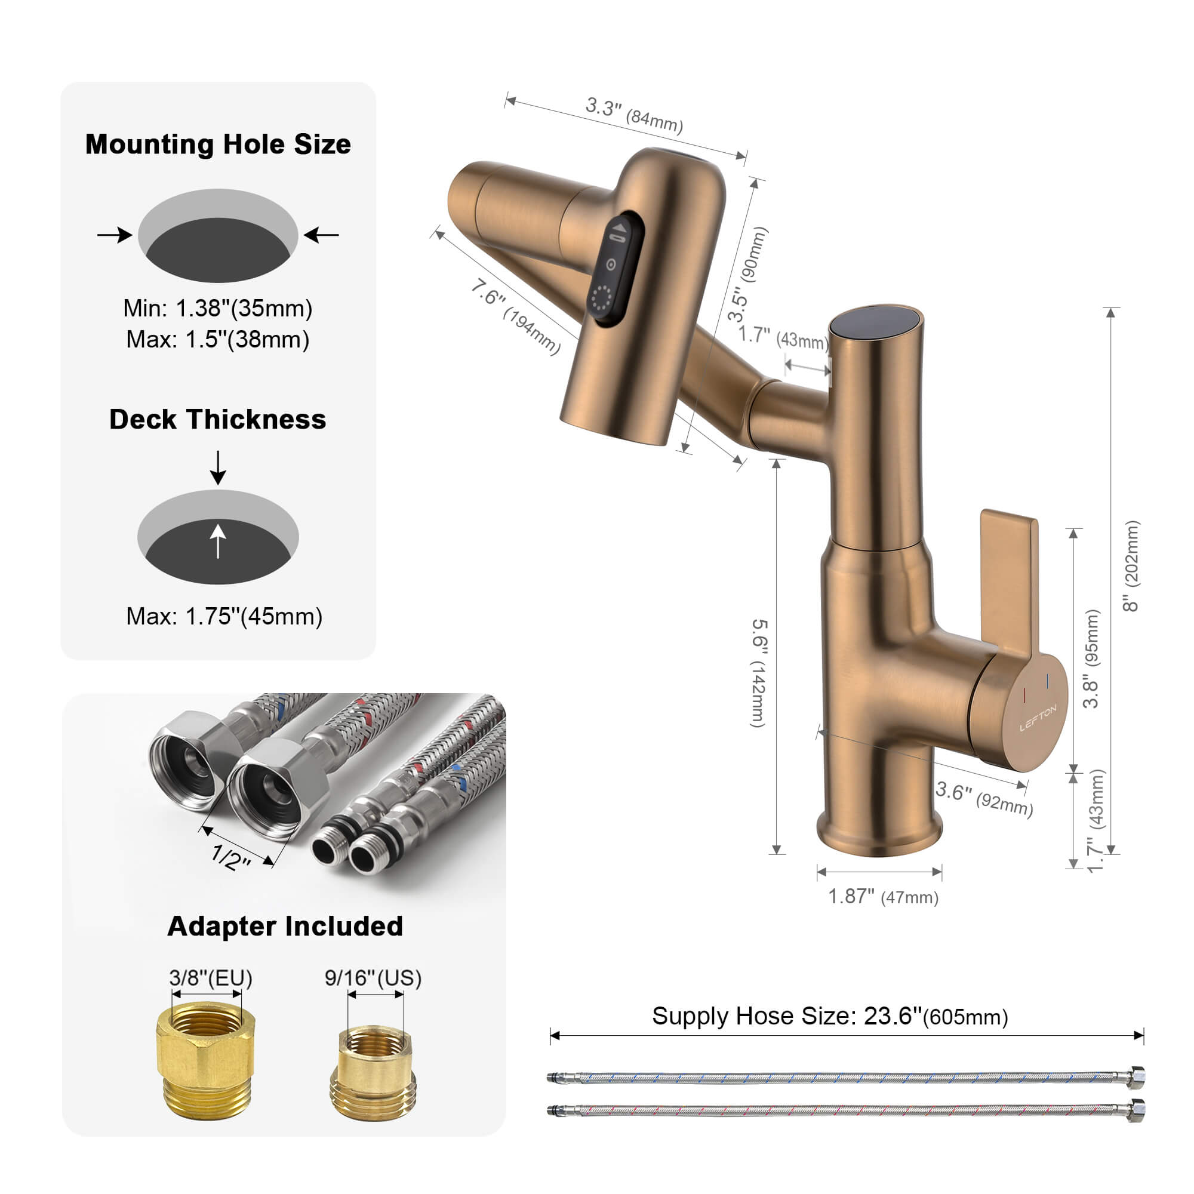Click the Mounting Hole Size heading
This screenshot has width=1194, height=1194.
(x=217, y=144)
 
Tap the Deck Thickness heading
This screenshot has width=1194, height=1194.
(x=217, y=420)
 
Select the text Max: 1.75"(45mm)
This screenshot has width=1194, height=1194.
(x=224, y=616)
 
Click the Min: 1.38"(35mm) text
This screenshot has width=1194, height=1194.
(x=217, y=308)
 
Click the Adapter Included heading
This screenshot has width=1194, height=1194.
(x=285, y=927)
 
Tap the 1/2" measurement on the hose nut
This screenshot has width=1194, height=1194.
(x=231, y=857)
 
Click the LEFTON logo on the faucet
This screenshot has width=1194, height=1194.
(x=1038, y=718)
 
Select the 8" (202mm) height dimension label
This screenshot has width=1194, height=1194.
(x=1130, y=566)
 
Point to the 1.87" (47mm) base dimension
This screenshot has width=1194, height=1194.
(x=882, y=897)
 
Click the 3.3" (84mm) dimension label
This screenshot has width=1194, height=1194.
(x=634, y=115)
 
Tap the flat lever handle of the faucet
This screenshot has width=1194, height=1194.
(x=1008, y=581)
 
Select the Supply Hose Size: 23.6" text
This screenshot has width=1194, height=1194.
(x=829, y=1016)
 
